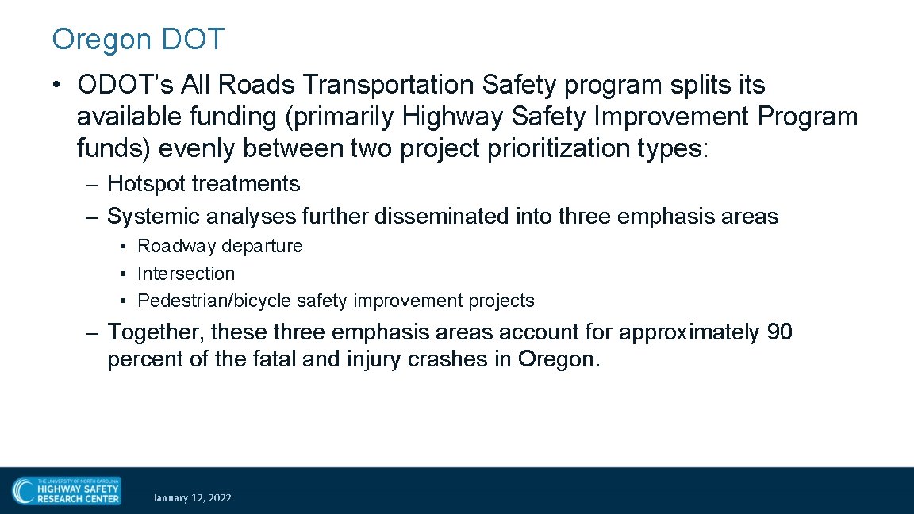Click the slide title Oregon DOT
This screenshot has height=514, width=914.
pos(138,39)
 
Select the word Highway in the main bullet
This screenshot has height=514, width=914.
pos(453,117)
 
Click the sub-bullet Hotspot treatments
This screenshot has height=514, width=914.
pos(203,184)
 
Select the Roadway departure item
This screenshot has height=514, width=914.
pos(220,246)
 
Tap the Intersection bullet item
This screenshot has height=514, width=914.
pos(186,274)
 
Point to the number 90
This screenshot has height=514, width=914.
pos(779,332)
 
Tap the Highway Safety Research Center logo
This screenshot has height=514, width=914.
pos(67,490)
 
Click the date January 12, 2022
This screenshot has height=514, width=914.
pos(192,498)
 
